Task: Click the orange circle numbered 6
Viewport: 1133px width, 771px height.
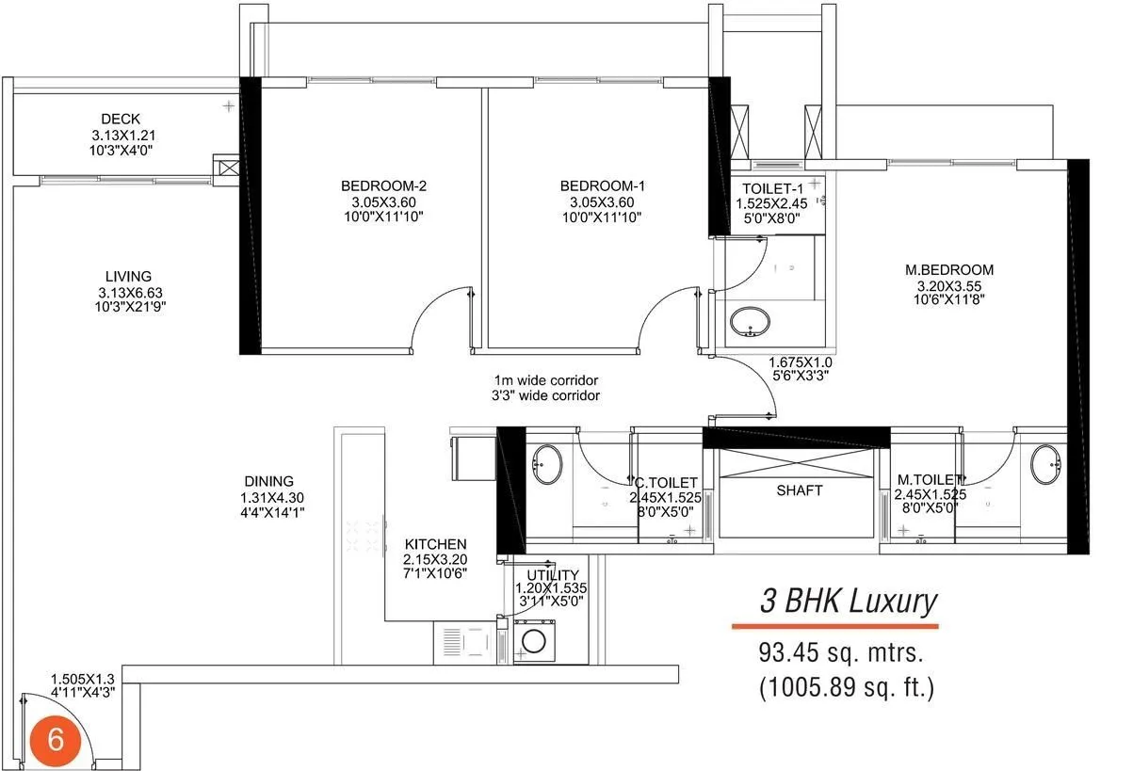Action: point(56,740)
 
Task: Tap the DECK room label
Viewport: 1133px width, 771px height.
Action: point(121,119)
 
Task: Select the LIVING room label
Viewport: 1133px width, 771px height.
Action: point(128,276)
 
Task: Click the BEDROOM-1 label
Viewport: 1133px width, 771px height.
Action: point(602,185)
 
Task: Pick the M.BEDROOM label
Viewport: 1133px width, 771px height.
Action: point(955,270)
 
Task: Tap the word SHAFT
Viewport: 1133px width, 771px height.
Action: point(800,490)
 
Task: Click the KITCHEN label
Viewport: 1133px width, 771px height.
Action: point(435,544)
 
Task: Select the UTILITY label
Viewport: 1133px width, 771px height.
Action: point(553,574)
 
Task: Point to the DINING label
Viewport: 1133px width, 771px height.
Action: point(267,481)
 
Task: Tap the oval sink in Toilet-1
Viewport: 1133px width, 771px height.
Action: point(751,321)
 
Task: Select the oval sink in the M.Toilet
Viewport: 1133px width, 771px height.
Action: point(1045,464)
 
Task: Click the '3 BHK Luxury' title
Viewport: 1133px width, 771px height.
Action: point(849,601)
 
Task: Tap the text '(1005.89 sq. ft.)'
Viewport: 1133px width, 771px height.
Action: point(847,687)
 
